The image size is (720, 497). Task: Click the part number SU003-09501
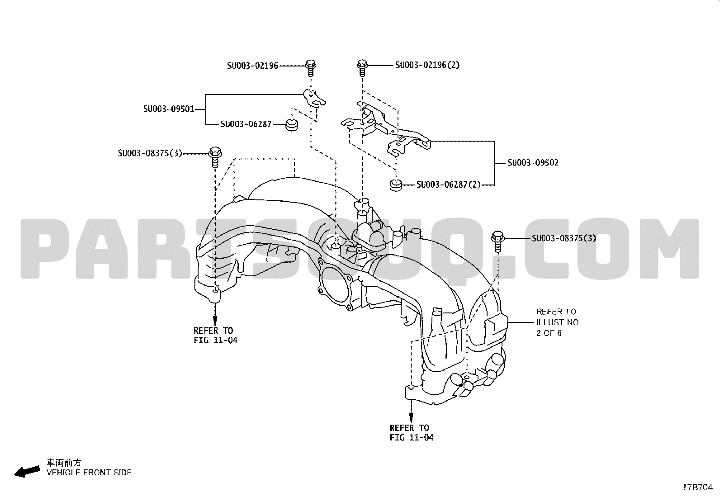pos(169,109)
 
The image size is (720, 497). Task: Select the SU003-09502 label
pos(533,163)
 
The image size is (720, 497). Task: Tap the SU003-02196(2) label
pos(427,65)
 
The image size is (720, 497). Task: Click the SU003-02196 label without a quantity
pos(252,66)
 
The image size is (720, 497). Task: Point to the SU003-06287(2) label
pos(448,185)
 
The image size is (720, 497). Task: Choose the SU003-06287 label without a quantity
pos(246,124)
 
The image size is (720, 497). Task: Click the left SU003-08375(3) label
pos(150,153)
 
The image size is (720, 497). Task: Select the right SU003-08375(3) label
pos(564,238)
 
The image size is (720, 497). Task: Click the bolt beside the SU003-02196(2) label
pos(362,67)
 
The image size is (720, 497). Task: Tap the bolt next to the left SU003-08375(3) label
pos(215,157)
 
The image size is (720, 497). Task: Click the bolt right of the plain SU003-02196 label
pos(311,68)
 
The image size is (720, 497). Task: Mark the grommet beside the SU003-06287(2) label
pos(396,185)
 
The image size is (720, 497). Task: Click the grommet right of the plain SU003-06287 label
pos(292,125)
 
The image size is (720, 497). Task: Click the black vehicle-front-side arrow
pos(27,472)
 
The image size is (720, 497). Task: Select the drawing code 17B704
pos(697,488)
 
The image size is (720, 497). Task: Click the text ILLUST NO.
pos(559,322)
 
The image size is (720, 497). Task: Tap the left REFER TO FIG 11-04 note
pos(215,335)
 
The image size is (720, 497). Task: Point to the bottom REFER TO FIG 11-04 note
pos(412,433)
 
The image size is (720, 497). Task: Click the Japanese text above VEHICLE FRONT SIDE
pos(64,463)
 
